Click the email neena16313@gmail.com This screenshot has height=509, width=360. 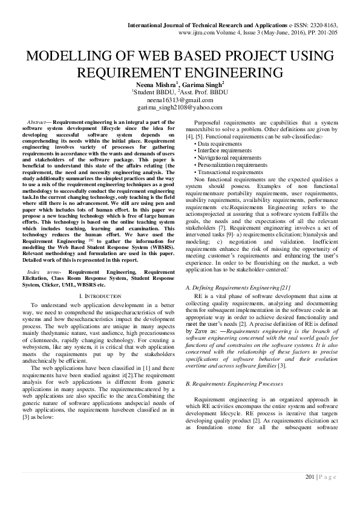(180, 100)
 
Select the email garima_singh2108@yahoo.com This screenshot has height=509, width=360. (180, 107)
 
